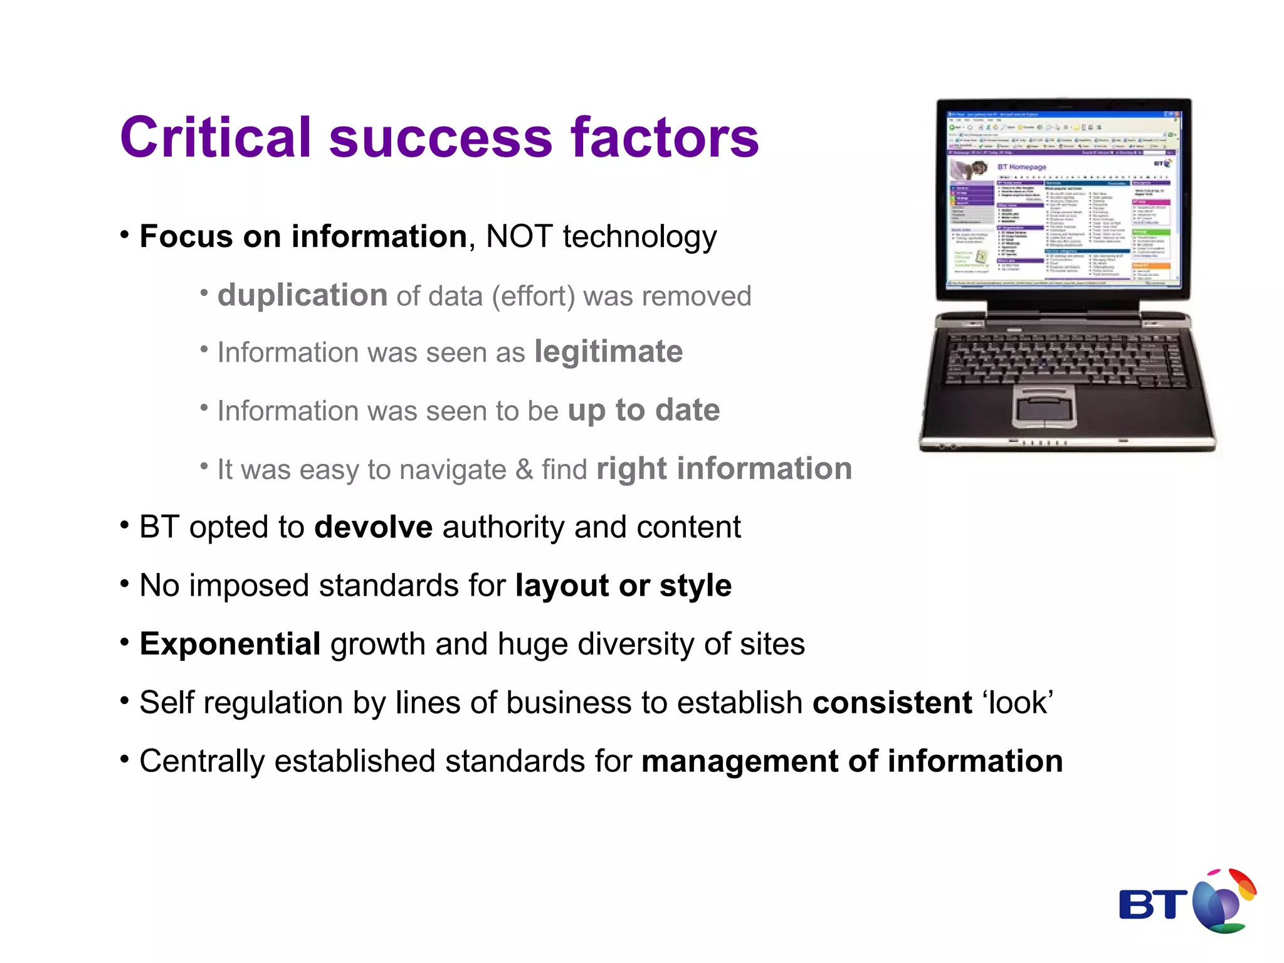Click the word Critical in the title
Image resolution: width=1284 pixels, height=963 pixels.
[216, 137]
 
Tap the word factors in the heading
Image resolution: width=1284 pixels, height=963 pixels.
[665, 137]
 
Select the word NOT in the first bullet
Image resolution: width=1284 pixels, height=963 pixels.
[519, 237]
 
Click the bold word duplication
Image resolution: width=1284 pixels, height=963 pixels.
[302, 295]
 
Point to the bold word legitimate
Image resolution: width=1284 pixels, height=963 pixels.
[608, 352]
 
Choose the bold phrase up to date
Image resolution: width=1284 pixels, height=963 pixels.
[644, 410]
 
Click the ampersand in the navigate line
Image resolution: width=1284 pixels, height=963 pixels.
[524, 470]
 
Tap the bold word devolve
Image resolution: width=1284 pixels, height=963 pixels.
[373, 527]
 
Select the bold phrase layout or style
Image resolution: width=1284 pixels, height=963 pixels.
[623, 586]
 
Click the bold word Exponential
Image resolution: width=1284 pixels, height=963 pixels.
[230, 645]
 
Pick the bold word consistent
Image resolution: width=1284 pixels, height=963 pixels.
[892, 703]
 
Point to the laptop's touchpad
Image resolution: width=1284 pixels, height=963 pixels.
[1044, 407]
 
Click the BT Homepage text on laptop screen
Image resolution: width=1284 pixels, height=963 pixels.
[1021, 167]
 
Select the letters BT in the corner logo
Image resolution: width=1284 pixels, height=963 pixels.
[1152, 905]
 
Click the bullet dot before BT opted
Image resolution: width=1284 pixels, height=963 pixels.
[125, 524]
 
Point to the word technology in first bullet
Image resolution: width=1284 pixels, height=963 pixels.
[639, 237]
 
